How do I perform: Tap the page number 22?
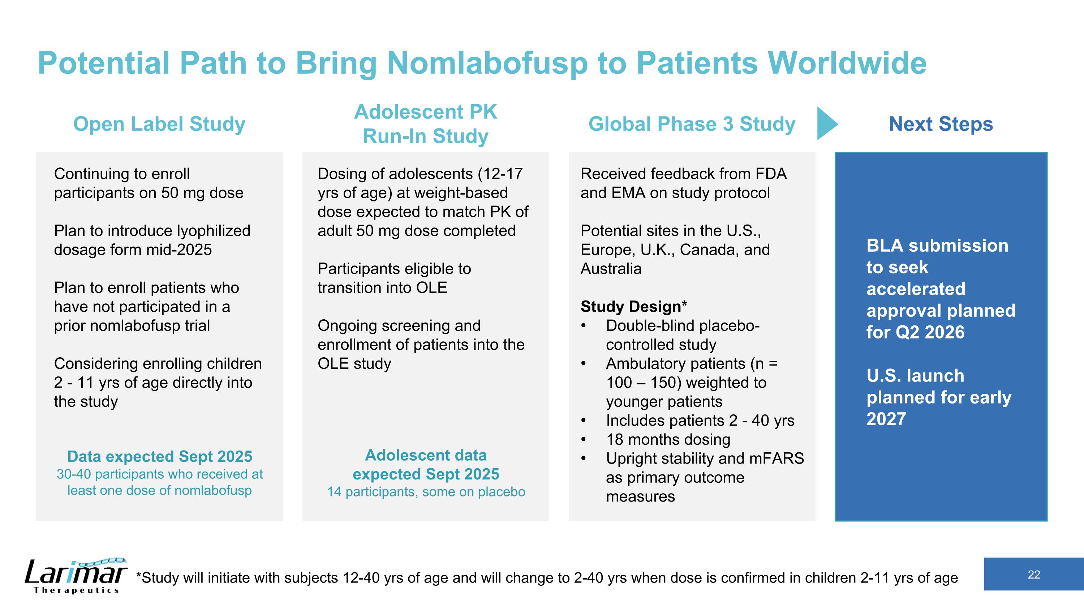(1033, 575)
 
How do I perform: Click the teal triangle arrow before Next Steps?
(826, 123)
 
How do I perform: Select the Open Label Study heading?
(159, 124)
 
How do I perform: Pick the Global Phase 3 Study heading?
(691, 124)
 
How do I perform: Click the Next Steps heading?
(941, 124)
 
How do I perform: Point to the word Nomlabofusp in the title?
(486, 63)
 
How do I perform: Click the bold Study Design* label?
(633, 307)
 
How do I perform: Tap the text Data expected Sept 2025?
(159, 456)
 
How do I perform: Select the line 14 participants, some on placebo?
(426, 492)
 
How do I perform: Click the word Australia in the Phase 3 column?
(611, 269)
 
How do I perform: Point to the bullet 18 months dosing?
(668, 439)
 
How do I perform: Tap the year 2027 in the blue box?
(886, 419)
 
